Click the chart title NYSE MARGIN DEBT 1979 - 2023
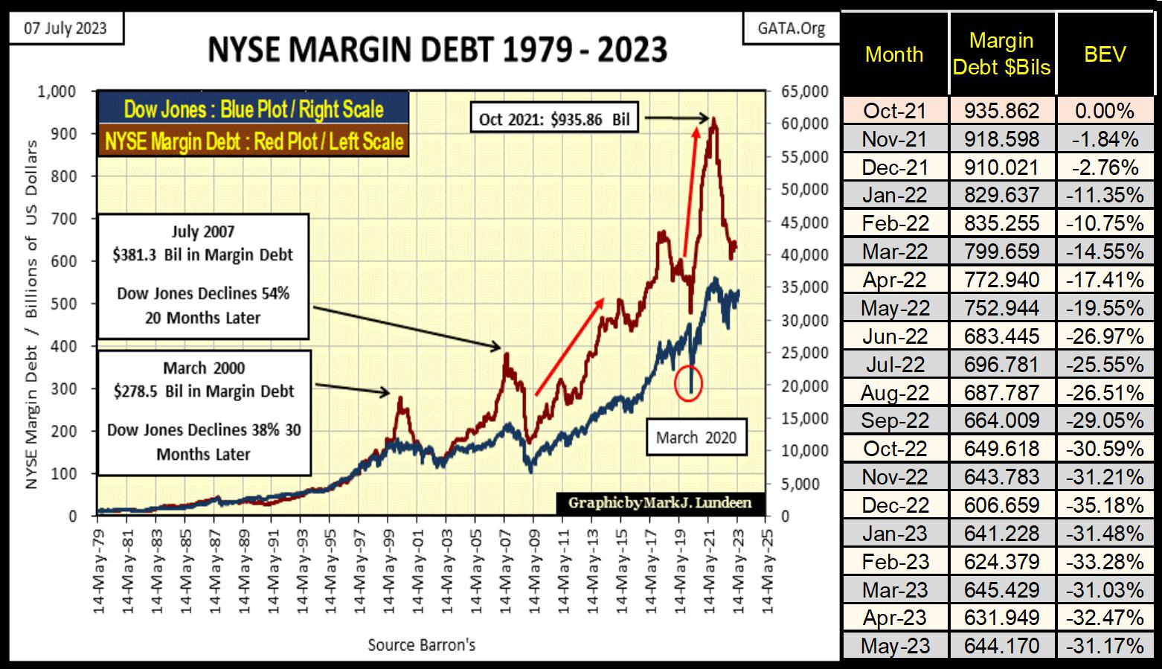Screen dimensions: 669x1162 pyautogui.click(x=437, y=51)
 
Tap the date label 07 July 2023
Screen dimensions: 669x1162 pyautogui.click(x=65, y=29)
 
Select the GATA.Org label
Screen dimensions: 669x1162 pyautogui.click(x=791, y=29)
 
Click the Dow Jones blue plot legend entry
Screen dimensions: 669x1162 pyautogui.click(x=253, y=110)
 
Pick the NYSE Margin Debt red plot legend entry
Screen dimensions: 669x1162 pyautogui.click(x=253, y=141)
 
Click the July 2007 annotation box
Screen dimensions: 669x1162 pyautogui.click(x=202, y=275)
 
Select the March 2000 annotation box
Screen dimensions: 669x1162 pyautogui.click(x=204, y=412)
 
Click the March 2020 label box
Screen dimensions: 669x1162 pyautogui.click(x=696, y=437)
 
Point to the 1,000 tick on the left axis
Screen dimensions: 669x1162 pyautogui.click(x=57, y=92)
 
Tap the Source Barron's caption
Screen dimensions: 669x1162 pyautogui.click(x=421, y=644)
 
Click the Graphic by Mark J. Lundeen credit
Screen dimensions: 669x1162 pyautogui.click(x=660, y=503)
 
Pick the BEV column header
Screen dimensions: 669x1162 pyautogui.click(x=1105, y=54)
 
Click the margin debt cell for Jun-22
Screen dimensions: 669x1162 pyautogui.click(x=1001, y=336)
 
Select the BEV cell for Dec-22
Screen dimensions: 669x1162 pyautogui.click(x=1105, y=505)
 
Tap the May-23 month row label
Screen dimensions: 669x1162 pyautogui.click(x=895, y=646)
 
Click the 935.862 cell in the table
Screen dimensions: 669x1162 pyautogui.click(x=1001, y=111)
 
